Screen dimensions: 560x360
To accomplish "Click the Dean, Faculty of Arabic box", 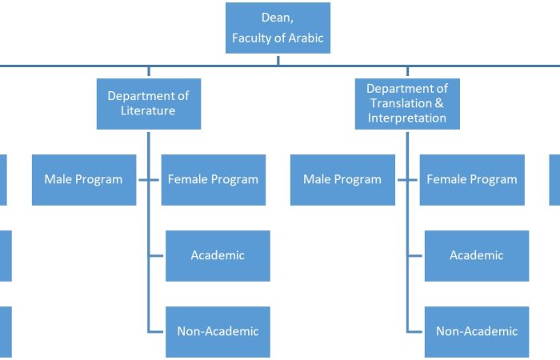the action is [x=278, y=28].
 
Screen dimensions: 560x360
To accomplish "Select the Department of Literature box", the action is [x=149, y=104].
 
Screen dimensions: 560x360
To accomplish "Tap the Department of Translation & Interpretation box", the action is [x=407, y=104].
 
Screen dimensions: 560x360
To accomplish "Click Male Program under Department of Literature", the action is [x=84, y=180].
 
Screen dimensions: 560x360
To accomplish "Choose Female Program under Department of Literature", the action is [x=214, y=180].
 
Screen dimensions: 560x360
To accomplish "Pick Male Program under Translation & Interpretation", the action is [x=342, y=180].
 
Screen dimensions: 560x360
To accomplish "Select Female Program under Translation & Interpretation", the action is [x=472, y=180].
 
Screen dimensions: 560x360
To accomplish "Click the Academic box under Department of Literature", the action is [x=218, y=256].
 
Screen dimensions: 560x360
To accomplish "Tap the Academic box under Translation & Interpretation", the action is [x=477, y=256].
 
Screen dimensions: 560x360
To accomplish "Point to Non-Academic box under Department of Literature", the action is [x=218, y=332].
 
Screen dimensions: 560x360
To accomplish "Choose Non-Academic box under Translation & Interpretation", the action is [x=477, y=332].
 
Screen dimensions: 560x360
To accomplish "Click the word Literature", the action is [x=148, y=110].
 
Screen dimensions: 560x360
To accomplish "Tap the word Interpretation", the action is [x=407, y=118].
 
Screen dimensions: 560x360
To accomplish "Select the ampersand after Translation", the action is [x=439, y=103].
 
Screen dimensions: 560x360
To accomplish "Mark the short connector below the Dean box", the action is [x=278, y=60].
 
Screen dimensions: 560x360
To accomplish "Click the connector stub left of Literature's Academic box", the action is [x=157, y=256].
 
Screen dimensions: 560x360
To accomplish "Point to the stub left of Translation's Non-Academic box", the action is [x=415, y=332].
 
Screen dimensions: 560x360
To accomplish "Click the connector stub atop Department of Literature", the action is [x=149, y=71].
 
